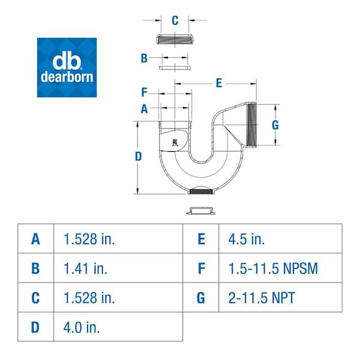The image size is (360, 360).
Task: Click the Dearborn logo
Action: pos(67,67)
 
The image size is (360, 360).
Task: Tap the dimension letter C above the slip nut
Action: pos(175,20)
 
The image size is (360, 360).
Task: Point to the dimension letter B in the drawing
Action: pos(144,58)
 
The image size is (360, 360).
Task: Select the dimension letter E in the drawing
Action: pos(219,83)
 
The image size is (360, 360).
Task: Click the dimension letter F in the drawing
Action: pos(144,92)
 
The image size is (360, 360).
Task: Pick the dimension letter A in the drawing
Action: pos(144,109)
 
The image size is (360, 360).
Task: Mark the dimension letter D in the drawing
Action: pos(138,157)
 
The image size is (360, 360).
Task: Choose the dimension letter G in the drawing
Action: pos(275,125)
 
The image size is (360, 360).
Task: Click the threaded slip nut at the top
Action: pos(175,39)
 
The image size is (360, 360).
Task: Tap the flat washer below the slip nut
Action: pos(175,68)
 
